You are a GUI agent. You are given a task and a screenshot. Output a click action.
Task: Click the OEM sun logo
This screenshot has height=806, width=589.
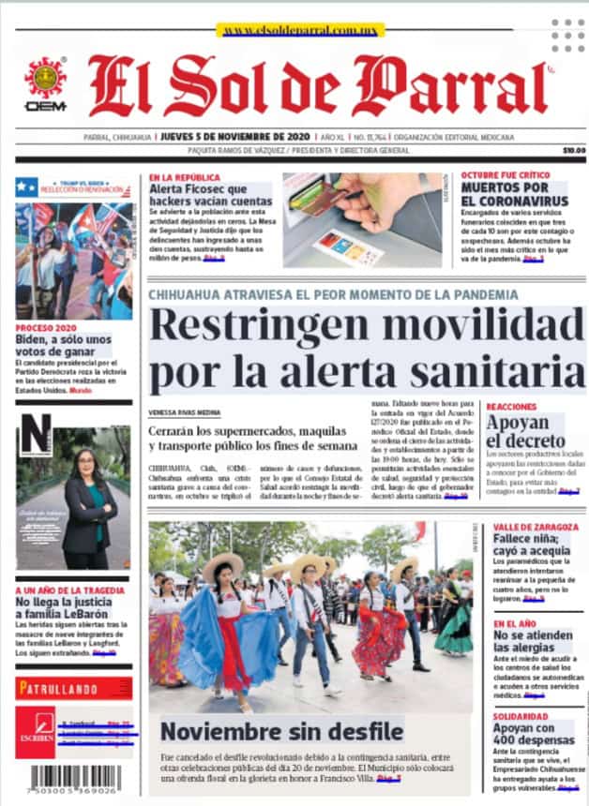tap(45, 79)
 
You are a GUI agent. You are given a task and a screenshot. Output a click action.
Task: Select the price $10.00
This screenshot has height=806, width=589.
tap(573, 150)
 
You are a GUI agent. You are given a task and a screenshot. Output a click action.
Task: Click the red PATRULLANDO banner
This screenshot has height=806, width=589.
tap(73, 689)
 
